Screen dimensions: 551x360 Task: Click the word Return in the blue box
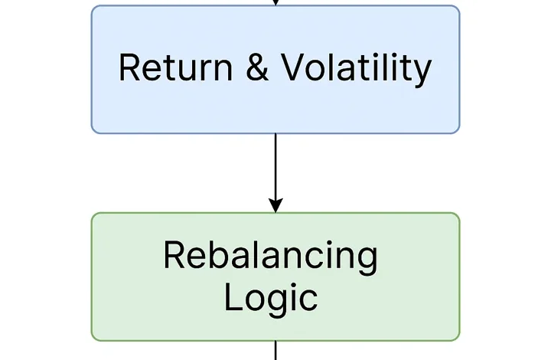pyautogui.click(x=176, y=67)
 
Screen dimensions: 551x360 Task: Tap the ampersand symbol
pyautogui.click(x=257, y=67)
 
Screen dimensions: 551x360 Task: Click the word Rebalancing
pyautogui.click(x=271, y=257)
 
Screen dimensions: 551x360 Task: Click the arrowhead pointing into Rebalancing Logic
pyautogui.click(x=275, y=205)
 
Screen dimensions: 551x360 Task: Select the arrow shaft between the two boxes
pyautogui.click(x=275, y=166)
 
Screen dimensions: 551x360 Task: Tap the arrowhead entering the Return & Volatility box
pyautogui.click(x=275, y=2)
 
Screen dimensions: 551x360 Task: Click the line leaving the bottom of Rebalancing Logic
pyautogui.click(x=275, y=350)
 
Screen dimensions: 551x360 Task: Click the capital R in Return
pyautogui.click(x=130, y=67)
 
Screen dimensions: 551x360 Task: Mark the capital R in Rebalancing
pyautogui.click(x=174, y=256)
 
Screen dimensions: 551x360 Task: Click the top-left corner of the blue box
pyautogui.click(x=92, y=6)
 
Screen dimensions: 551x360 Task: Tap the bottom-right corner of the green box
pyautogui.click(x=459, y=340)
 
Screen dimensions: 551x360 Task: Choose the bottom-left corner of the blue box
pyautogui.click(x=92, y=133)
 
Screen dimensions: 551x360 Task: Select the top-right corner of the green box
pyautogui.click(x=459, y=214)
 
